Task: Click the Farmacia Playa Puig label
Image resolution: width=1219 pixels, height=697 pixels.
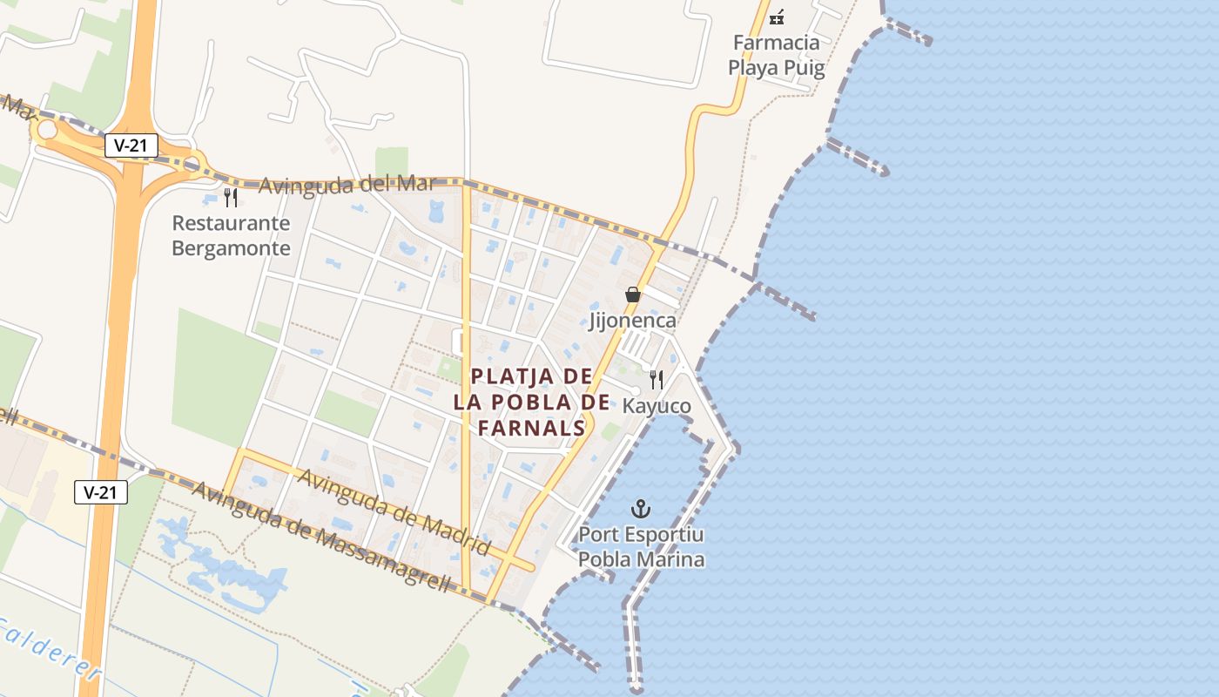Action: pos(776,55)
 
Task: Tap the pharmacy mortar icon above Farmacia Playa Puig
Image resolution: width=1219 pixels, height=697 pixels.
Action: pos(777,16)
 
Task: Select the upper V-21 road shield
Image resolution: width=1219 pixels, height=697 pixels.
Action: pos(131,145)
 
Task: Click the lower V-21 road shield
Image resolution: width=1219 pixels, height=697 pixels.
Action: pos(101,492)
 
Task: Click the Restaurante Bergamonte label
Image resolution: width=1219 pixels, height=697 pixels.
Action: pos(231,235)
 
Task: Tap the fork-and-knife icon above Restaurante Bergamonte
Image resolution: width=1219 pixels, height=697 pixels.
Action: pos(231,198)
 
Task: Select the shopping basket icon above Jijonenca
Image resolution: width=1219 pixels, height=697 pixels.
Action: pos(633,294)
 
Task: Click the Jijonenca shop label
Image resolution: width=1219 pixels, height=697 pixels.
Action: pos(633,321)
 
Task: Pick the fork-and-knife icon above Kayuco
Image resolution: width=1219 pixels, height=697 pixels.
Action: pos(657,380)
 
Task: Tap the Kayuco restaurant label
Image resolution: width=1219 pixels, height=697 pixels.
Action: pos(657,406)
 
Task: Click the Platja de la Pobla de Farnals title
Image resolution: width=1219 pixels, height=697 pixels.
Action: pos(532,402)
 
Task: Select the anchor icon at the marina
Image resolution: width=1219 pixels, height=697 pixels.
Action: pos(642,508)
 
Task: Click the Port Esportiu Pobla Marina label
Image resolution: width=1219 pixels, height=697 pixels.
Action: pos(642,546)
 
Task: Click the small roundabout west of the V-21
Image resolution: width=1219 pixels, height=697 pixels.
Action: pos(46,131)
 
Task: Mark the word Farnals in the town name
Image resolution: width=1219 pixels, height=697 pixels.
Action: pos(532,428)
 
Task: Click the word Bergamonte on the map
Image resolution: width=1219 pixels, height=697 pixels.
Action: pos(231,247)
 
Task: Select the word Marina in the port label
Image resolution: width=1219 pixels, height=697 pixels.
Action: pos(670,559)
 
